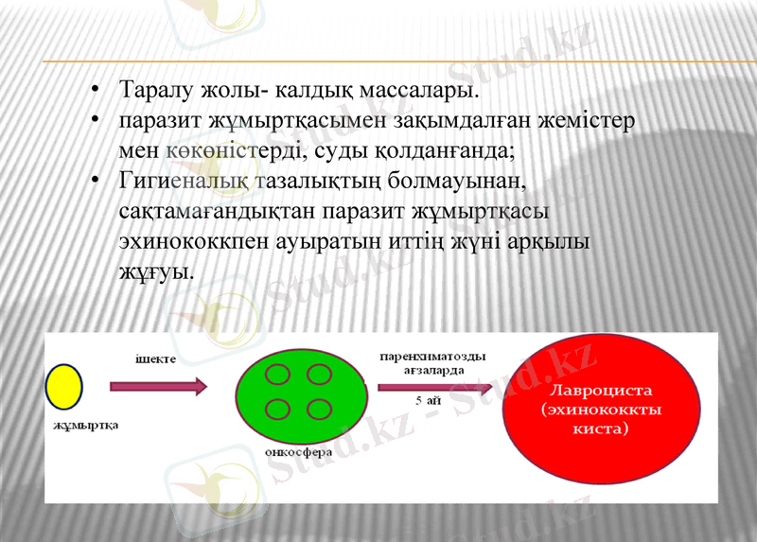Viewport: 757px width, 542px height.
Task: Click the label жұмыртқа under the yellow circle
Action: point(86,425)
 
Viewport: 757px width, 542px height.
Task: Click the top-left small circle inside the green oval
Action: point(277,374)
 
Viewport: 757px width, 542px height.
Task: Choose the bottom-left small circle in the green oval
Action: point(277,410)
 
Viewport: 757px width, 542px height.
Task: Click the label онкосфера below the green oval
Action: point(300,451)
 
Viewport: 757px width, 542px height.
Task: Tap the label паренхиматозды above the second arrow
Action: point(432,357)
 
